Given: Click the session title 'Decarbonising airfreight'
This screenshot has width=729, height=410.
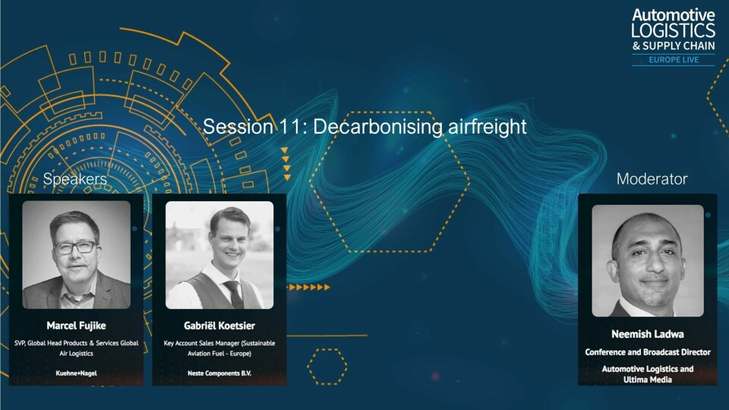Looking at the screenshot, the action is pos(419,127).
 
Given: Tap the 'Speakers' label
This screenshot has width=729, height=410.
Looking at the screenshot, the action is pos(75,179).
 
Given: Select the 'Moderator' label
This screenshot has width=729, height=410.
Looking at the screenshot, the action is pos(652,179).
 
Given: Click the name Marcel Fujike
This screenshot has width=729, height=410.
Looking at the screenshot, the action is pos(76,326).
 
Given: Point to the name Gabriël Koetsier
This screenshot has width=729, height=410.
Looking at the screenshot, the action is pos(219,326).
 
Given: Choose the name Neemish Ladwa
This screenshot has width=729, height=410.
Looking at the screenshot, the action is pos(648,334).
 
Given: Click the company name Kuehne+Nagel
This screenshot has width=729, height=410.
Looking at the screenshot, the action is pos(76,373).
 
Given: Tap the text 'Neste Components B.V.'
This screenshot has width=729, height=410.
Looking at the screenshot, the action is pos(219,373).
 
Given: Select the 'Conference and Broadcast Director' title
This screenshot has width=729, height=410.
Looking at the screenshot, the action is pos(648,352).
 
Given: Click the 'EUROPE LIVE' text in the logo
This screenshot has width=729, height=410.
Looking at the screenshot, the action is pos(674,59).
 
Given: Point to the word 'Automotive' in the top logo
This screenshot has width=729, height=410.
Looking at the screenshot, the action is pos(674,15).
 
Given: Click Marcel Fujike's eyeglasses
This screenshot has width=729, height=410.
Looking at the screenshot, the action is pos(76,248).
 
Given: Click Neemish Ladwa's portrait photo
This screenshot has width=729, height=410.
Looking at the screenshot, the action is pos(648,260).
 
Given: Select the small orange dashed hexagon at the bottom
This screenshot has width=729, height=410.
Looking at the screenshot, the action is pos(327,367).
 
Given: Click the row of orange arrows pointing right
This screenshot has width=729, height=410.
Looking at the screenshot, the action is pos(309,287).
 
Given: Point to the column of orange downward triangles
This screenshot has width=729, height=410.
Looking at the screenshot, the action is pos(286,164).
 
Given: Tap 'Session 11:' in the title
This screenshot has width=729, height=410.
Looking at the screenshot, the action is pos(255,127).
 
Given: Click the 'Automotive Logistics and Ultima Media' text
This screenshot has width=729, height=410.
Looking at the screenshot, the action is pos(648,374).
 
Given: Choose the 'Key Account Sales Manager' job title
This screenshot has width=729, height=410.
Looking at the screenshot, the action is pos(202,343).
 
